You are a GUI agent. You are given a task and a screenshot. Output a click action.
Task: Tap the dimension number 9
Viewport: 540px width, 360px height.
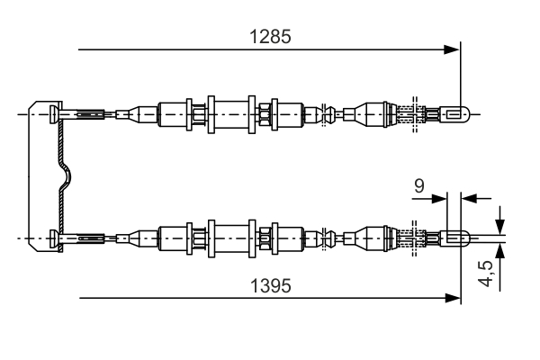(418, 186)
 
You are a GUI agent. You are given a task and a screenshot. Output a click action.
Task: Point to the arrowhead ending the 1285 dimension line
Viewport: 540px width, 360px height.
(453, 49)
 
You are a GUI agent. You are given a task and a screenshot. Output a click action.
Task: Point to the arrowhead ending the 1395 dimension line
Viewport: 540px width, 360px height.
(453, 297)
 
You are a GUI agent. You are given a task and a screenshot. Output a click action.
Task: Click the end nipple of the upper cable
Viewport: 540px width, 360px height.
(457, 113)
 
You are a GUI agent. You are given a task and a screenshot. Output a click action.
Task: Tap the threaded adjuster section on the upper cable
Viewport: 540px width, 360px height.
(410, 113)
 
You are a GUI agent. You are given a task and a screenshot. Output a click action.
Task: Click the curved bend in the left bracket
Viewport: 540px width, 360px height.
(64, 176)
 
